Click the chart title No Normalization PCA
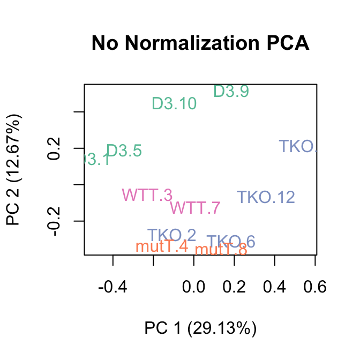point(200,43)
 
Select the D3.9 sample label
point(231,92)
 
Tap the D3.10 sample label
point(174,103)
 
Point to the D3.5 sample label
point(124,152)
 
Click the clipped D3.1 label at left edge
point(97,160)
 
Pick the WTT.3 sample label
point(147,194)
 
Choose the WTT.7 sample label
point(195,207)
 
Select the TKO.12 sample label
point(266,197)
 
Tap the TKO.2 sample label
point(171,235)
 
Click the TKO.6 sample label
point(231,242)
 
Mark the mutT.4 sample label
point(162,246)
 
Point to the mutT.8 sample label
point(221,249)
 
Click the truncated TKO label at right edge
point(298,146)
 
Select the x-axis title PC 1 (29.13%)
point(200,328)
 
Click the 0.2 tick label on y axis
point(55,148)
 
